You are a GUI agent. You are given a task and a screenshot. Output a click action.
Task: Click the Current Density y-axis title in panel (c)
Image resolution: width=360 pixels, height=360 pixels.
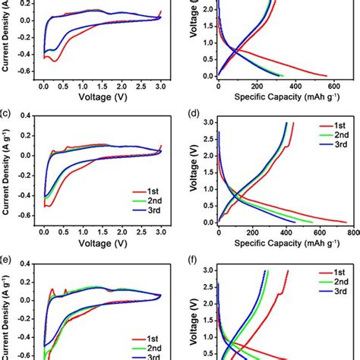click(x=7, y=171)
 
